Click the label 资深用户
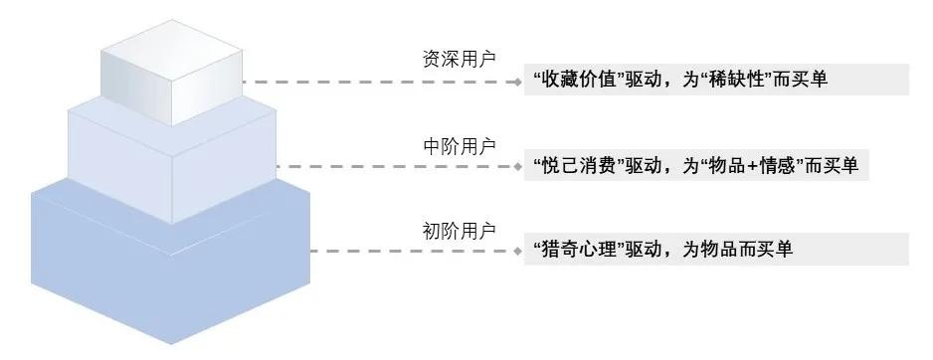[459, 59]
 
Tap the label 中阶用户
[459, 145]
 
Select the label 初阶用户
[459, 231]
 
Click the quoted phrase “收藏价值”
[576, 81]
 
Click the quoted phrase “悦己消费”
[576, 166]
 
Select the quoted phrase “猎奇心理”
[576, 251]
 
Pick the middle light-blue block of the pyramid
[170, 164]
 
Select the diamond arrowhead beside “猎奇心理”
[518, 252]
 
